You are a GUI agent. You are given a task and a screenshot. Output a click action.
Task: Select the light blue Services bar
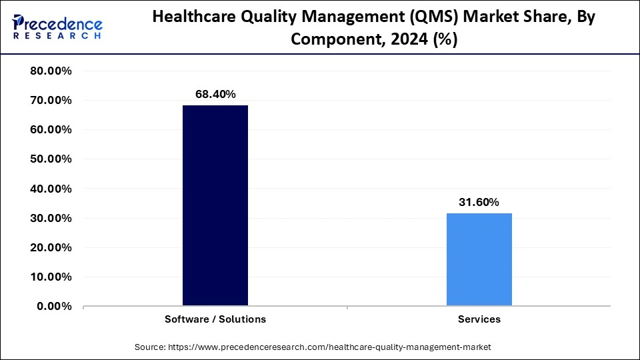[479, 259]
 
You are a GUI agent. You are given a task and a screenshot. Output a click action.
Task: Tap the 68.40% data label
[215, 95]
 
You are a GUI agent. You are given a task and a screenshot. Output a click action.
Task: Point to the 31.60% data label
[479, 202]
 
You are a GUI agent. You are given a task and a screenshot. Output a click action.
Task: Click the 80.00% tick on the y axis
[51, 71]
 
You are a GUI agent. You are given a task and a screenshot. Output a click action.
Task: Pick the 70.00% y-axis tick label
[51, 101]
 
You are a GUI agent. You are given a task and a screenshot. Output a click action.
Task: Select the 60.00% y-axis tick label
[51, 130]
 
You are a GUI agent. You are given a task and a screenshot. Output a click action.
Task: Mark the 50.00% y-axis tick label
[51, 159]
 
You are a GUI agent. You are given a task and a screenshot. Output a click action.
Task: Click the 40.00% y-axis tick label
[51, 189]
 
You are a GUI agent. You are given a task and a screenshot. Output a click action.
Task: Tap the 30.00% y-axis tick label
[51, 218]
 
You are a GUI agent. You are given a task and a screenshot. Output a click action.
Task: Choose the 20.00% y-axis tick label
[51, 247]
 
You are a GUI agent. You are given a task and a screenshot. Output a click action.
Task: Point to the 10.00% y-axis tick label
[51, 277]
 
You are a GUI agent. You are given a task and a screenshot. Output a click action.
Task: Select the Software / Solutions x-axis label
[215, 319]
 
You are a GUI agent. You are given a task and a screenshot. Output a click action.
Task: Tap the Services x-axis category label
[479, 319]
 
